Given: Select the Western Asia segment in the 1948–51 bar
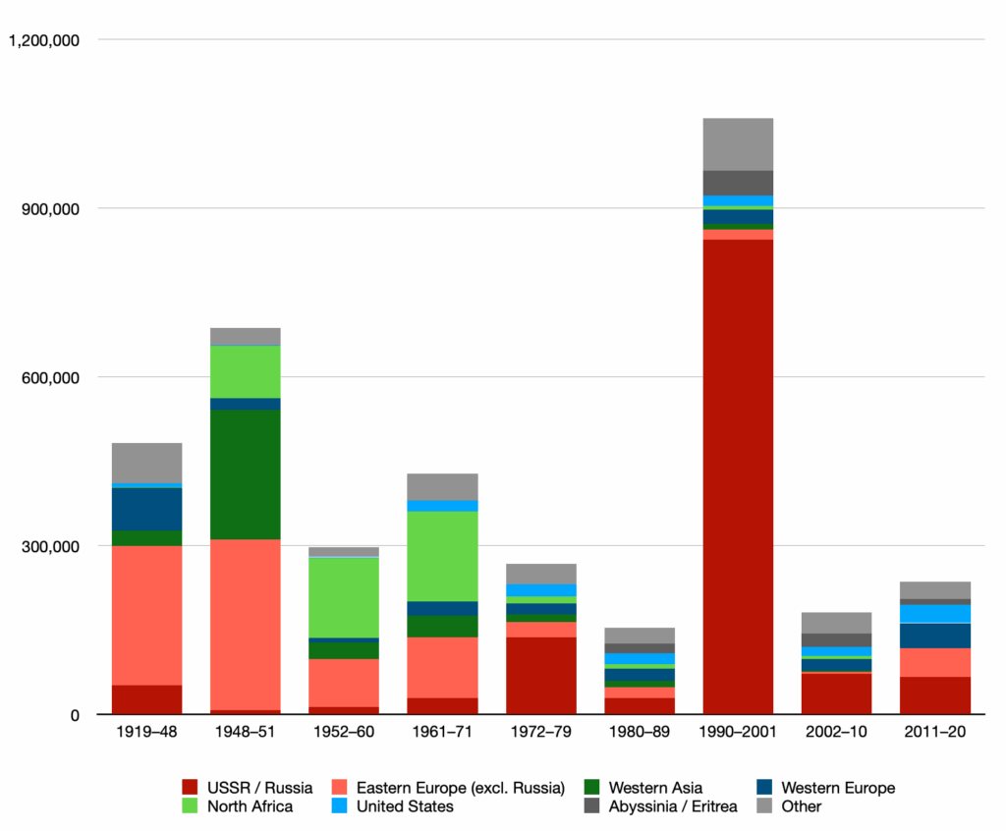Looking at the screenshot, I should [246, 474].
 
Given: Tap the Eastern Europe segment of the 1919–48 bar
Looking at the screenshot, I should [146, 615].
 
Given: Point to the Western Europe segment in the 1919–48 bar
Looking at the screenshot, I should [146, 509].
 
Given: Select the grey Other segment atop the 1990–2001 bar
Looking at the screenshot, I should [738, 144].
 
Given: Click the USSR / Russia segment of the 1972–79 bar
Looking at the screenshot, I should [541, 676].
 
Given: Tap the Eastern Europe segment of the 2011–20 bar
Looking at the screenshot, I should [935, 662].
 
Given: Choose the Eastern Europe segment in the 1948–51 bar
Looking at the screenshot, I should [246, 624].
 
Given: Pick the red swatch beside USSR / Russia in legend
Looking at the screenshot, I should [192, 787].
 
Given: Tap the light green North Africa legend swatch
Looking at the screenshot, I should [192, 806].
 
